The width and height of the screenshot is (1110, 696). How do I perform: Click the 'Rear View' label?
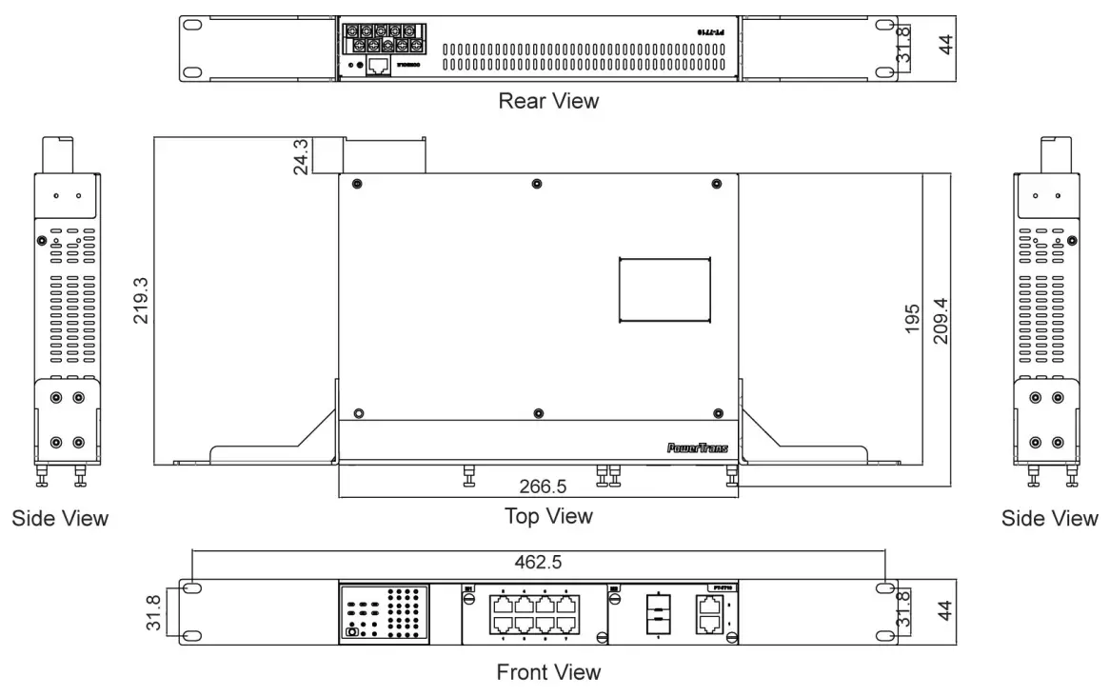[548, 100]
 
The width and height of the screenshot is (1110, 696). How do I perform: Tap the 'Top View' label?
[548, 516]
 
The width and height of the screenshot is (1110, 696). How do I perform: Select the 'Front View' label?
[548, 672]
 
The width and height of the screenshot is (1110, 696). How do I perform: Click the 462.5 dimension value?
[539, 563]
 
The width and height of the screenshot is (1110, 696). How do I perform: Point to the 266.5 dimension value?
[543, 487]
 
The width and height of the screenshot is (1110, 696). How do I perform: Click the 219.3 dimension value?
[141, 301]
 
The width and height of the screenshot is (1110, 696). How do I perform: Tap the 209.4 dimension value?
[941, 320]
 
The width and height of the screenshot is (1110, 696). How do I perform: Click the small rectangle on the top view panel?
[664, 289]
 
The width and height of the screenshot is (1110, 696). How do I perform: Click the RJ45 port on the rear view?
[378, 66]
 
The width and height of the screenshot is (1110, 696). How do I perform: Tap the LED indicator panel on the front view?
[383, 612]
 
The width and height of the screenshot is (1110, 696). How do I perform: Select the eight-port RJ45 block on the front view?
[534, 613]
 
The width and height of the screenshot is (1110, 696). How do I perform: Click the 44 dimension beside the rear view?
[945, 45]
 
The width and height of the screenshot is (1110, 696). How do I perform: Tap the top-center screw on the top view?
[539, 183]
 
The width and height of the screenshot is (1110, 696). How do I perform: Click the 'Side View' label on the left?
[60, 519]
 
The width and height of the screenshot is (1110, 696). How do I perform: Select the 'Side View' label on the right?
[1049, 519]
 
